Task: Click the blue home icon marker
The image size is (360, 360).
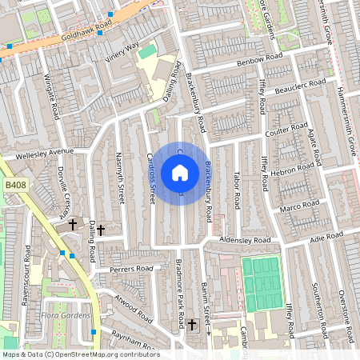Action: (180, 172)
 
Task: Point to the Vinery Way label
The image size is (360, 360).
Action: (122, 50)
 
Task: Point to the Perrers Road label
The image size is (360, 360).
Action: (132, 269)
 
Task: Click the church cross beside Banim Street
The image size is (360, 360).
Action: (192, 324)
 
